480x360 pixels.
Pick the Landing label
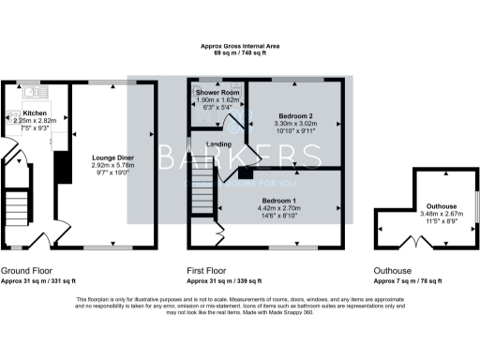click(x=218, y=143)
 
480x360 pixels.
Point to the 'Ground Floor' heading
click(x=24, y=269)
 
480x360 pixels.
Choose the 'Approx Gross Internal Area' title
click(x=239, y=46)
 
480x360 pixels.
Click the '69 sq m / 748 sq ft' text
click(x=239, y=53)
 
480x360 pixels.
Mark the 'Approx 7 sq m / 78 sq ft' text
click(x=414, y=279)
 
